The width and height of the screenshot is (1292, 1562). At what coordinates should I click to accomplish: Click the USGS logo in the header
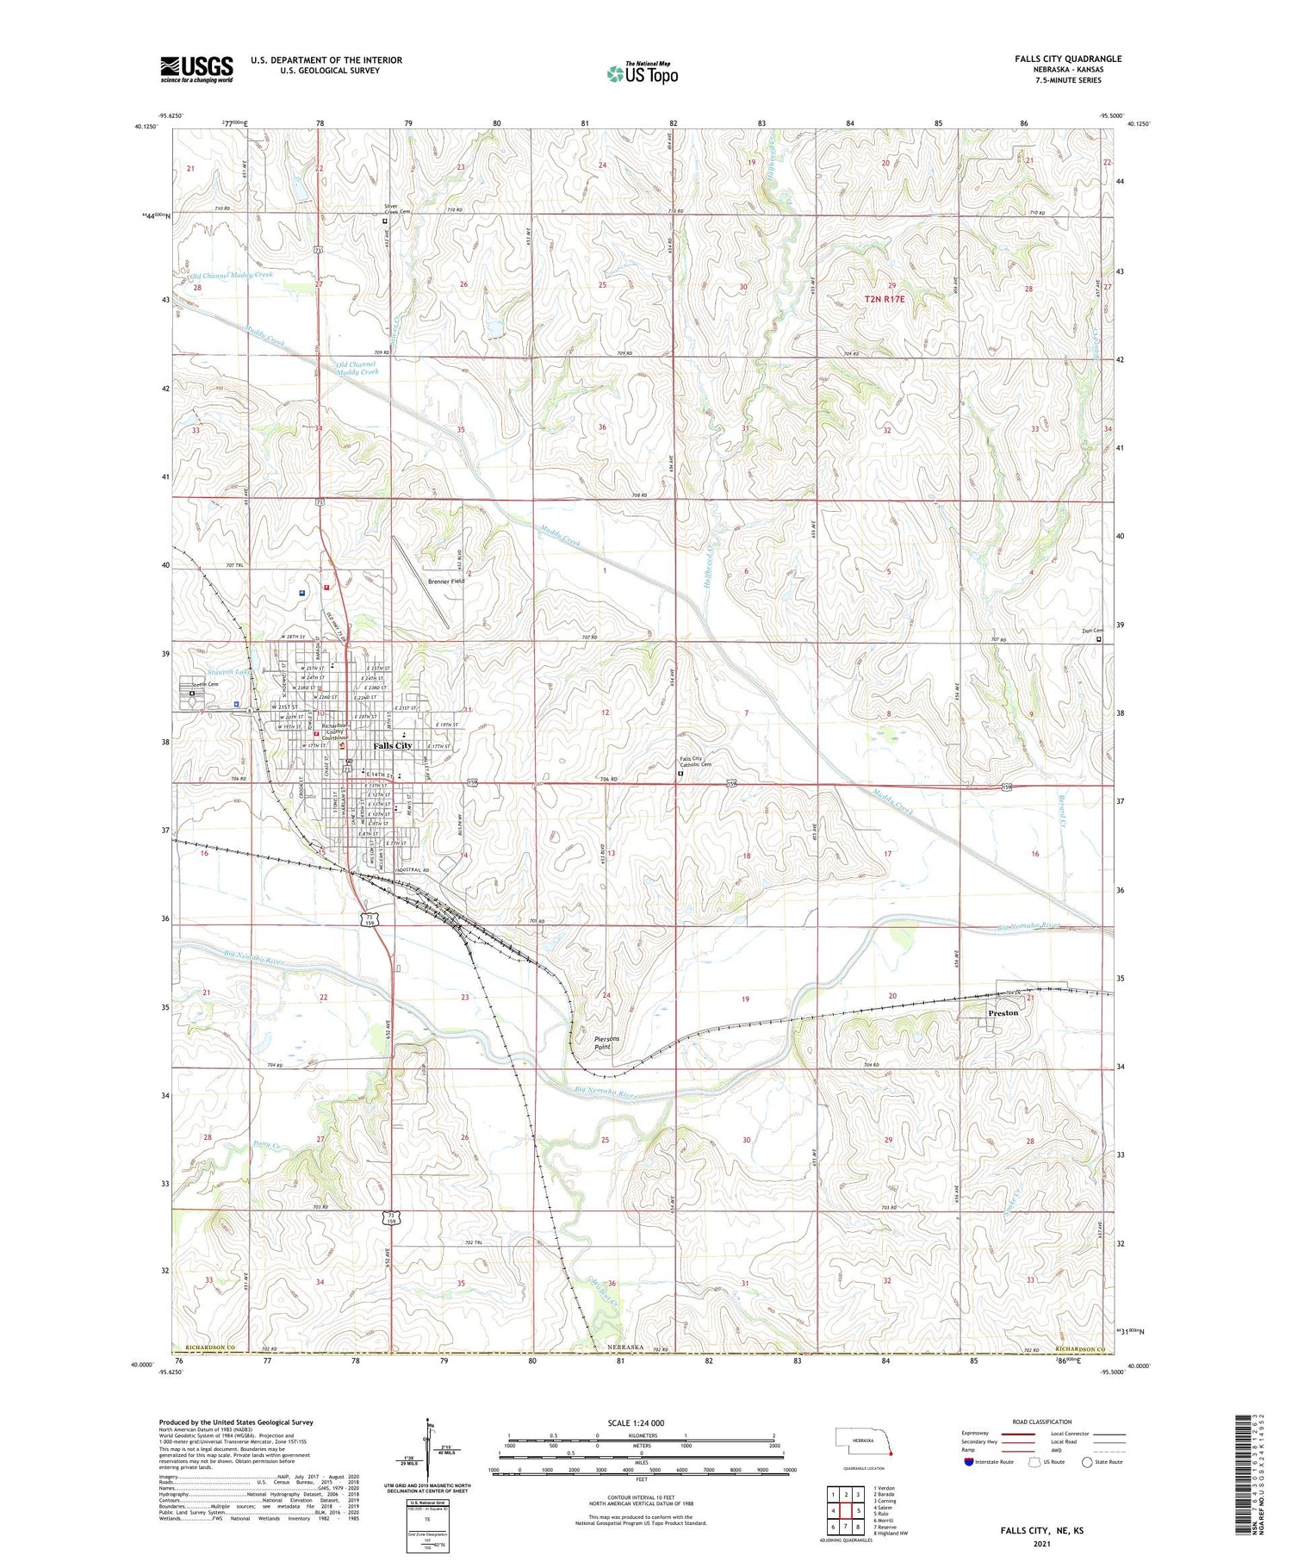pos(196,69)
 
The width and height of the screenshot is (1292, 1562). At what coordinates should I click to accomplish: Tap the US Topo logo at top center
pos(643,74)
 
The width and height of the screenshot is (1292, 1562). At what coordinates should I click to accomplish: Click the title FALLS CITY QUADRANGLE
pos(1068,59)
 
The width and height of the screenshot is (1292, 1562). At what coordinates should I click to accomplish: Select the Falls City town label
pos(393,745)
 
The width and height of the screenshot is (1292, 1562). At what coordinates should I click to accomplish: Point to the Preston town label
pos(1003,1013)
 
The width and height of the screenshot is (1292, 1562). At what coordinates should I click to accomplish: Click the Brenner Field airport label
pos(446,582)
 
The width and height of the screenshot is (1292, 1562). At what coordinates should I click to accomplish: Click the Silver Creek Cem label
pos(397,208)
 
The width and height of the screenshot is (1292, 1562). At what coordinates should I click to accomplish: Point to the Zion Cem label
pos(1092,630)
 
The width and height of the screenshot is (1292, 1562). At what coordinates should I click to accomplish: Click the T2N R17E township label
pos(885,299)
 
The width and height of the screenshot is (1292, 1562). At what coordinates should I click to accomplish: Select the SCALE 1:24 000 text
pos(636,1422)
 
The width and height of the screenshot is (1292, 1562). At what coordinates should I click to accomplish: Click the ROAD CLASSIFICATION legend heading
pos(1042,1422)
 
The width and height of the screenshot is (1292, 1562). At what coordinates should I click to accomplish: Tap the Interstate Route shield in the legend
pos(969,1462)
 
